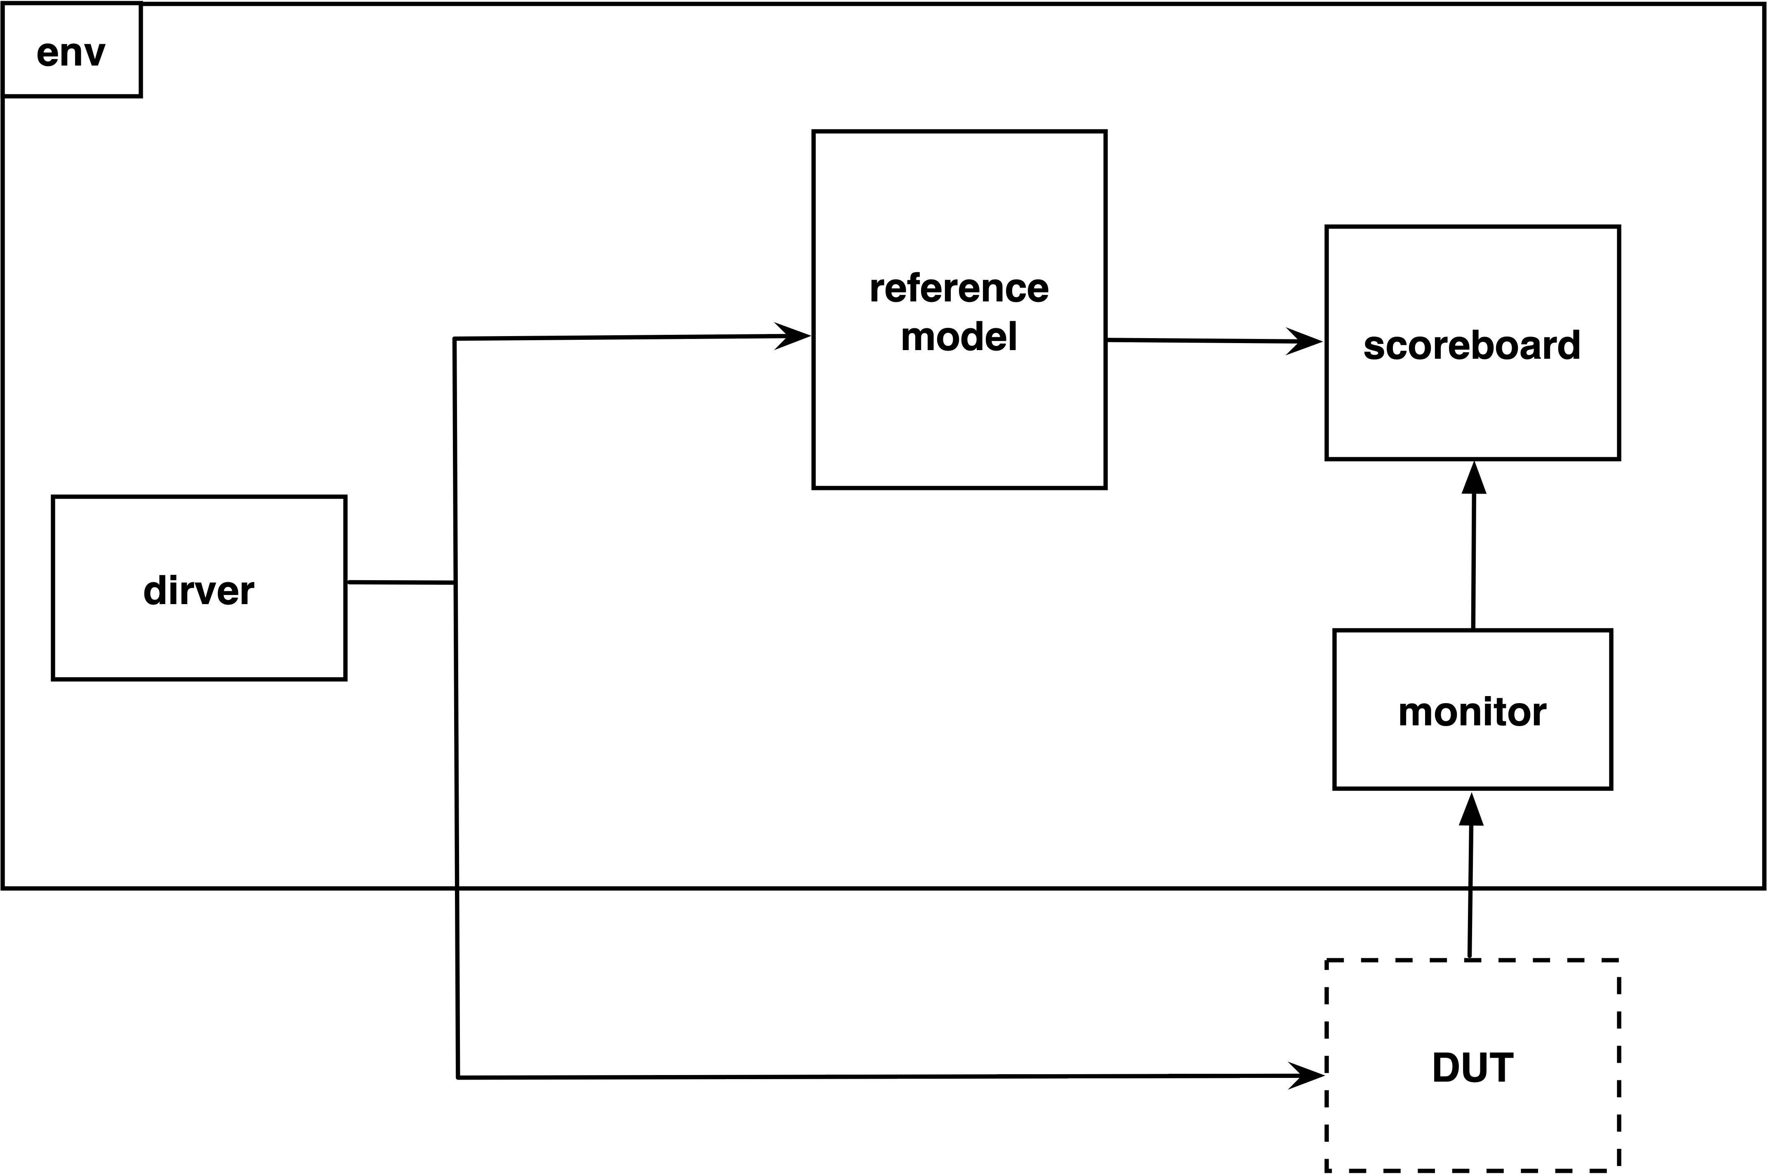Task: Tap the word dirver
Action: (x=199, y=591)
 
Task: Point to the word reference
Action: (x=959, y=288)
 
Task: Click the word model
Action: (x=959, y=336)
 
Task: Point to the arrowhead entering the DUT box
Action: (x=1307, y=1076)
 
